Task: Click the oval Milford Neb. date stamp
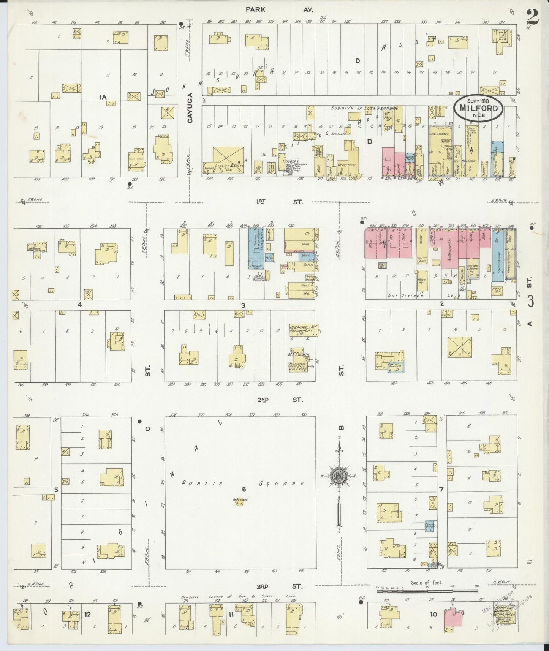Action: click(478, 107)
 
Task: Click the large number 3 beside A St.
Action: click(531, 300)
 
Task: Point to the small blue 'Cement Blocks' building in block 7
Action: click(430, 526)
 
